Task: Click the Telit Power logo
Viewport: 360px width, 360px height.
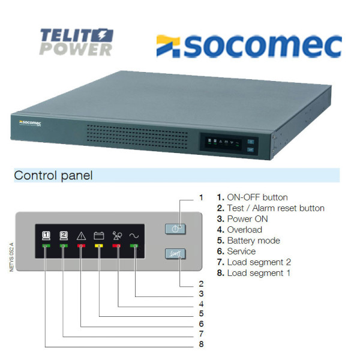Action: (x=76, y=42)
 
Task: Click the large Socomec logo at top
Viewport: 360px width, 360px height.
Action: (x=249, y=46)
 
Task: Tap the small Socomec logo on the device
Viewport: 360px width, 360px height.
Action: (x=30, y=123)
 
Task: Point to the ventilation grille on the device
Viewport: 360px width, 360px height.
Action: (x=137, y=137)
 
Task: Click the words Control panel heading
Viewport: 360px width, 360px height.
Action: (x=53, y=175)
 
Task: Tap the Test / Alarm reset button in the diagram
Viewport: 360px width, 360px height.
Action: (x=175, y=254)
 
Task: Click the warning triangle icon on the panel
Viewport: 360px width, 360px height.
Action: (x=81, y=236)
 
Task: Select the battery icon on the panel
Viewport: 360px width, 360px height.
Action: (x=99, y=236)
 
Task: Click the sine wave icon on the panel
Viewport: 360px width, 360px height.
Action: (x=134, y=236)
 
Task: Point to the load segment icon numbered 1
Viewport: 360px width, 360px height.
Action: (x=46, y=236)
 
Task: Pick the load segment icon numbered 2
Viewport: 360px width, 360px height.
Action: (x=64, y=236)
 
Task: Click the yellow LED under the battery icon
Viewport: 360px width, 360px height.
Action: (x=99, y=246)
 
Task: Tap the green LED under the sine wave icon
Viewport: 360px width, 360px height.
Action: (x=134, y=246)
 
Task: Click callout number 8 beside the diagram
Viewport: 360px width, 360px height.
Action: (x=202, y=344)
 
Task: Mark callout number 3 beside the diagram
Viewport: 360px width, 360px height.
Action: (x=202, y=293)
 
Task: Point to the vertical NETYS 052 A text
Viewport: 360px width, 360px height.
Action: (x=11, y=257)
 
